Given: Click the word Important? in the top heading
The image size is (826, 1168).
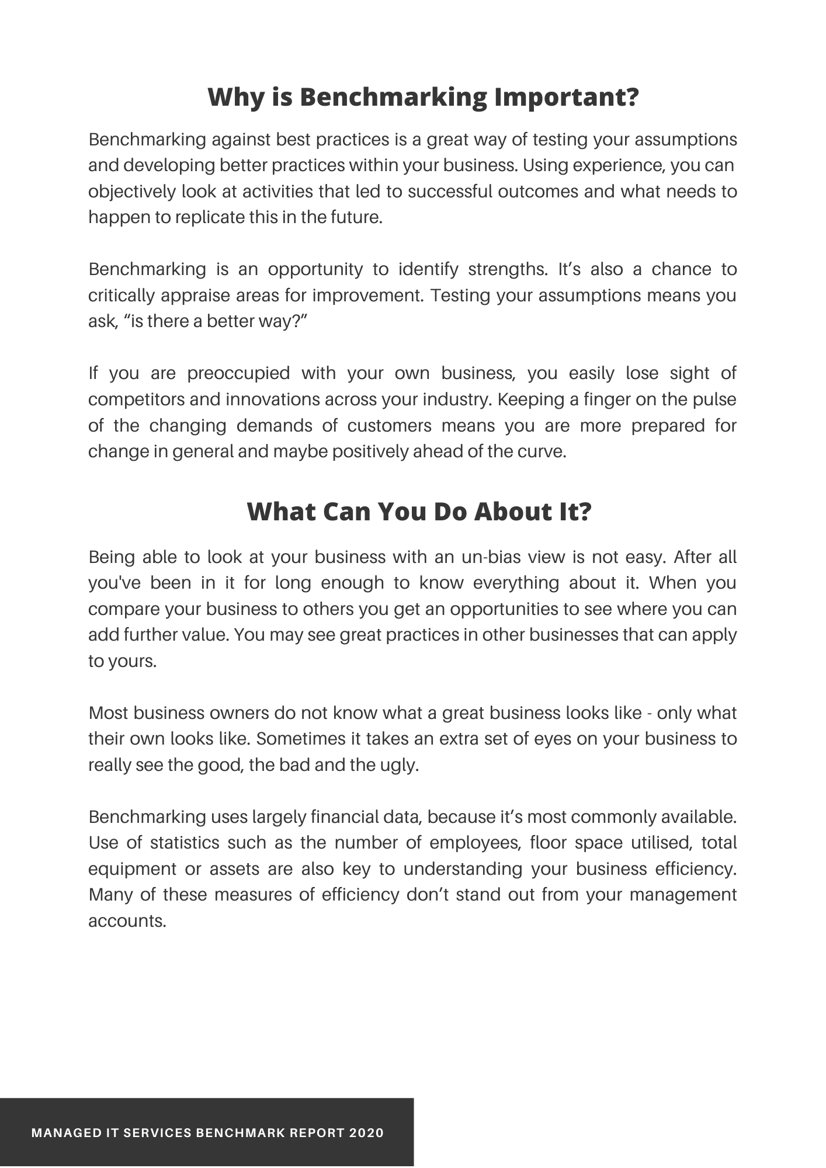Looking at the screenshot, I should coord(567,98).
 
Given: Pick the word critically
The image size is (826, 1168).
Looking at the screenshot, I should coord(121,296).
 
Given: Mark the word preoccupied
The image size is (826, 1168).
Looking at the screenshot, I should coord(238,373).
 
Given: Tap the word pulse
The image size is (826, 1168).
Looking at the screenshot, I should coord(714,399).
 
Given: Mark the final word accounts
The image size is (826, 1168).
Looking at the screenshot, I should coord(127,921).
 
